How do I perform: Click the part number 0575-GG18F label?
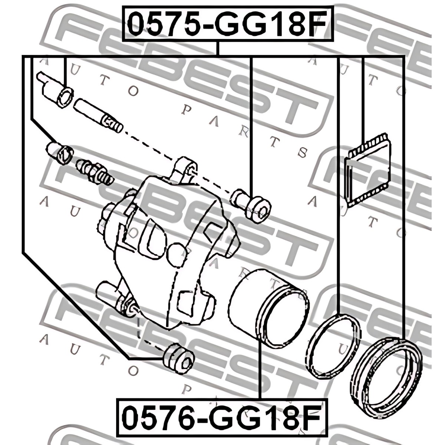pos(227,24)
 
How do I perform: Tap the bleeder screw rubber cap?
pos(60,153)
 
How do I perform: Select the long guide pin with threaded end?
pos(98,115)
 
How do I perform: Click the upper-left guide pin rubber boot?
pos(55,89)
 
